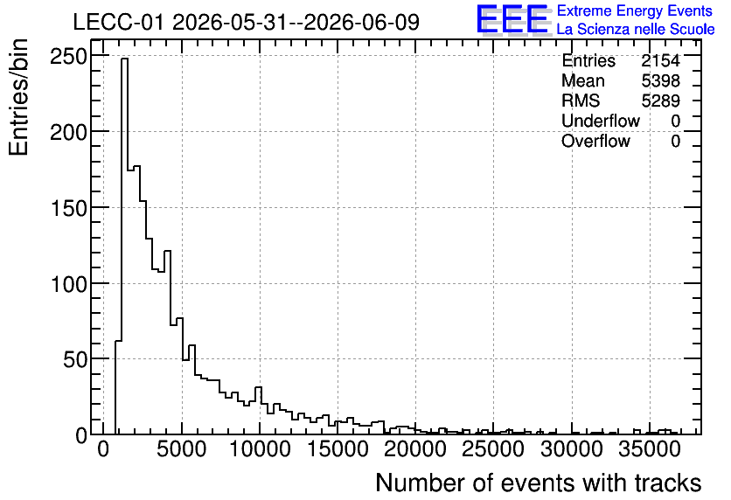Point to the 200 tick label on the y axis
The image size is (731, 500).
pyautogui.click(x=68, y=133)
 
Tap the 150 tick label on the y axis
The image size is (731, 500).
pyautogui.click(x=68, y=208)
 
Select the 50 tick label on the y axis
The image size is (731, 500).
pyautogui.click(x=75, y=359)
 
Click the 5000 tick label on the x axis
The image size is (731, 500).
pyautogui.click(x=182, y=449)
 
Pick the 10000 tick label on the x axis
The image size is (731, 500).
pyautogui.click(x=261, y=449)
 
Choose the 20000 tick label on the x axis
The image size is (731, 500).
pyautogui.click(x=416, y=449)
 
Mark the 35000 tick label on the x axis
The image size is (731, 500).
pyautogui.click(x=650, y=449)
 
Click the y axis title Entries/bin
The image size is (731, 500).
pyautogui.click(x=18, y=97)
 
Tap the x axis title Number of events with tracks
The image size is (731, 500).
pyautogui.click(x=539, y=483)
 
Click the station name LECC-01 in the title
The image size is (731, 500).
pyautogui.click(x=118, y=23)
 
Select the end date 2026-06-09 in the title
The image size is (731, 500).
pyautogui.click(x=362, y=23)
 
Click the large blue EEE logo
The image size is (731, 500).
pyautogui.click(x=512, y=19)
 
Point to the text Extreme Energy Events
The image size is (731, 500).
pyautogui.click(x=635, y=10)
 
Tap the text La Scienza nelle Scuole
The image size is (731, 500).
pyautogui.click(x=636, y=29)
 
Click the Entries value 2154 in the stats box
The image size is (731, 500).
pyautogui.click(x=660, y=60)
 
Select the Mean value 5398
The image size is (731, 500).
pyautogui.click(x=660, y=80)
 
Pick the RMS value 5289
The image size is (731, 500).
pyautogui.click(x=660, y=101)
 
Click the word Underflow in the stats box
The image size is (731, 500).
pyautogui.click(x=601, y=121)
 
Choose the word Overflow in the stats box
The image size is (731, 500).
pyautogui.click(x=595, y=141)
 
